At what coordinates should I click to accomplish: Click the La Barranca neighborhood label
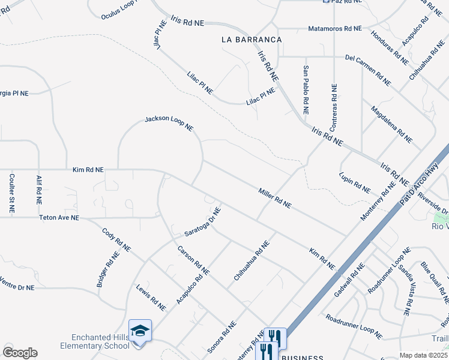(252, 40)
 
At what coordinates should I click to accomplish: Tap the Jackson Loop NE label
(169, 124)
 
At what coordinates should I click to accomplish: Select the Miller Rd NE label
(275, 197)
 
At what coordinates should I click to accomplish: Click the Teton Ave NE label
(59, 218)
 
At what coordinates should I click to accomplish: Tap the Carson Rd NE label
(193, 260)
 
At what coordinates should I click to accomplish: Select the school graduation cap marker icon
(139, 331)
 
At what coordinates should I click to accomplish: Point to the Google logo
(20, 353)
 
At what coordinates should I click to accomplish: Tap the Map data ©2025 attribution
(423, 355)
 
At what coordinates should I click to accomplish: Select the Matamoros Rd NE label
(335, 28)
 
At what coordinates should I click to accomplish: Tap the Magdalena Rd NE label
(391, 125)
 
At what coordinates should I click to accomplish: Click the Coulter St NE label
(11, 194)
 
